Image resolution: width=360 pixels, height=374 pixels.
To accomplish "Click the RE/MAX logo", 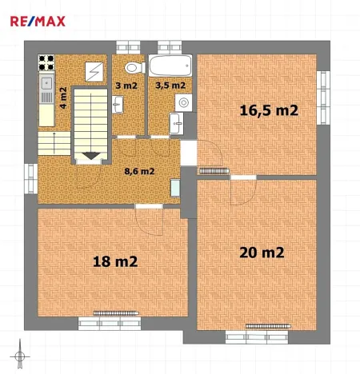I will pos(37,20).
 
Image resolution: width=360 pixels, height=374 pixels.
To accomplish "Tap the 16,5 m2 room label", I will pos(269,111).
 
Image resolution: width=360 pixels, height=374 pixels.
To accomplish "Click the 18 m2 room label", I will pos(115,261).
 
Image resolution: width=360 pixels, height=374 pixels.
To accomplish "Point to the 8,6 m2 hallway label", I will pos(138,170).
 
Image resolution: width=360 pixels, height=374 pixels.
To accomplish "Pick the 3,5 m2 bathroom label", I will pos(170,84).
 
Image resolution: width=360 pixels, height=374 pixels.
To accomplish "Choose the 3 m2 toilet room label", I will pos(126,84).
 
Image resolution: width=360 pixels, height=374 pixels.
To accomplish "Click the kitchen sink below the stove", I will pos(46,82).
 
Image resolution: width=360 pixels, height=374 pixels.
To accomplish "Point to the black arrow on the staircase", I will pos(92,154).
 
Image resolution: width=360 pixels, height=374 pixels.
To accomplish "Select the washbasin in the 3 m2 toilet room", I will pos(118,102).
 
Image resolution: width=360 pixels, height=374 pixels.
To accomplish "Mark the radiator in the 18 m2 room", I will pos(112,312).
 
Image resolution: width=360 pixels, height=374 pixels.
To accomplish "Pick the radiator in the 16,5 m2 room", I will pos(214,169).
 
